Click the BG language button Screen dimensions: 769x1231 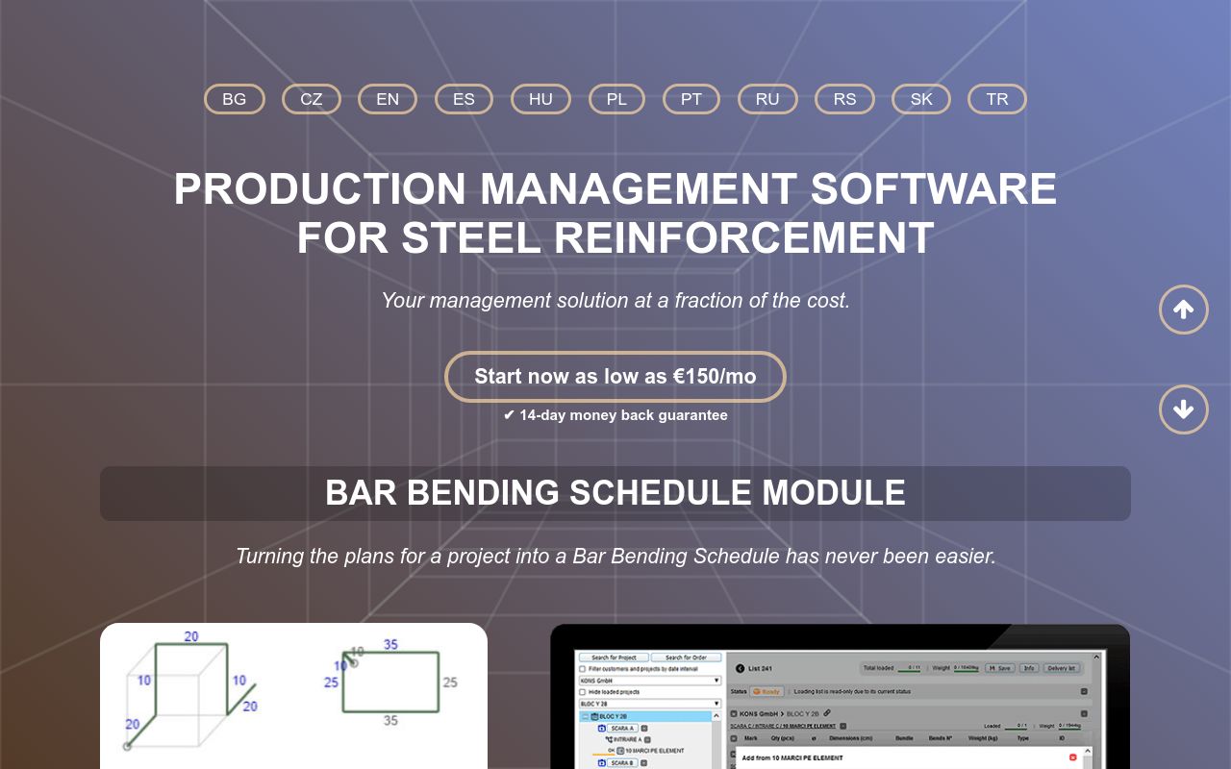coord(234,99)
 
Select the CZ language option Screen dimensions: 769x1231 coord(311,99)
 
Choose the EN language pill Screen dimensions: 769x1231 coord(388,99)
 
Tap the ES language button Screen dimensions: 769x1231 coord(464,99)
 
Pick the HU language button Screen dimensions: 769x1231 coord(540,99)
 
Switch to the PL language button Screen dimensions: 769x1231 coord(616,99)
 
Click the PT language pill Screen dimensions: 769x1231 coord(691,99)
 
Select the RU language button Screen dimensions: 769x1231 coord(767,99)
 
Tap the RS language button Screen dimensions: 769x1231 coord(844,99)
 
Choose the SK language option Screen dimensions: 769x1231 coord(921,99)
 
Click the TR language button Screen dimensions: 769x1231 coord(997,99)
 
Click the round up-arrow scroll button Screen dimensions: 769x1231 coord(1183,310)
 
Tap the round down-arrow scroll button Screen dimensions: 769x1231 coord(1183,409)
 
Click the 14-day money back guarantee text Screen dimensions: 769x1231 coord(615,415)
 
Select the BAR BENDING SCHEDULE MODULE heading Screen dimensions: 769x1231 coord(615,493)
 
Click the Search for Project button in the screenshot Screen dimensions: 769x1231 coord(614,657)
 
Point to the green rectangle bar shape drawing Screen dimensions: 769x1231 coord(390,682)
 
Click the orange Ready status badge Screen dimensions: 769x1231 coord(766,691)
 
